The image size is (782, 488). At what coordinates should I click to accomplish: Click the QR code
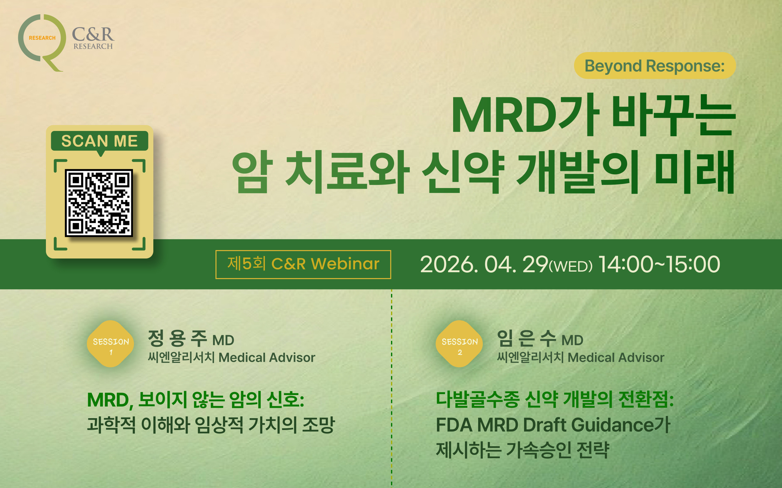pos(99,203)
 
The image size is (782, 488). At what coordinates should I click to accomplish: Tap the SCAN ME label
pos(100,141)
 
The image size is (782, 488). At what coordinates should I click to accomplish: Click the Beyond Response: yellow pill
pos(655,65)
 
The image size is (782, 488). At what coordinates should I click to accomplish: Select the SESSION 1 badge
pos(111,344)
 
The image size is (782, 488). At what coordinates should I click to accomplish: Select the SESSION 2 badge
pos(459,344)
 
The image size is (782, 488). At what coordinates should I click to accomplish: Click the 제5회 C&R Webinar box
pos(303,264)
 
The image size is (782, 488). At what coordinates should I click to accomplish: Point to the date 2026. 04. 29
pos(484,264)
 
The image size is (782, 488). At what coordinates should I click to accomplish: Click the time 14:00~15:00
pos(659,264)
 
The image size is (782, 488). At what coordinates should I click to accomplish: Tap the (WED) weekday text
pos(571,267)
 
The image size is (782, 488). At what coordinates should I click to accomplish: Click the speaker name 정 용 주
pos(177,338)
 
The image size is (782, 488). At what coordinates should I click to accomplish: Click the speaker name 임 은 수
pos(527,338)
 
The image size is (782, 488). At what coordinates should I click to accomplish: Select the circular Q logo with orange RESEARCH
pos(42,42)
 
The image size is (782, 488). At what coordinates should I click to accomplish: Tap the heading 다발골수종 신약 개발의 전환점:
pos(555,399)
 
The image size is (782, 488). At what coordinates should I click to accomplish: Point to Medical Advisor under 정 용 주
pos(267,358)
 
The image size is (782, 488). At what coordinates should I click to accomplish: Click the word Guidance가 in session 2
pos(621,425)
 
